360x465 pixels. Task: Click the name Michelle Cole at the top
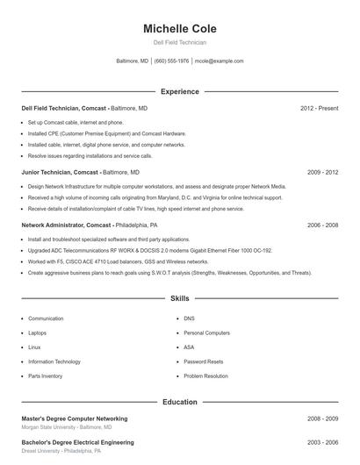click(179, 29)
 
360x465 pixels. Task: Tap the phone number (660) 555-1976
click(171, 61)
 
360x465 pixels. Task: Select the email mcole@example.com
click(219, 61)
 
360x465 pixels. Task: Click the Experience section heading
click(179, 91)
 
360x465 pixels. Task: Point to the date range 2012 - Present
click(319, 108)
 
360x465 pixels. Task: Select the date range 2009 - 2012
click(322, 173)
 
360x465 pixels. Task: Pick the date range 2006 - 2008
click(322, 225)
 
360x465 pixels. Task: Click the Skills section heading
click(179, 299)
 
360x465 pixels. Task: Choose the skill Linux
click(34, 347)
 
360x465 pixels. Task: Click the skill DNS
click(189, 318)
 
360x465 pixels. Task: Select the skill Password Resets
click(203, 361)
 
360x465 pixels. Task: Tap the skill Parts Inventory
click(46, 376)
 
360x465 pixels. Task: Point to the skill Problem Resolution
click(205, 376)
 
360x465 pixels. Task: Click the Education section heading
click(179, 402)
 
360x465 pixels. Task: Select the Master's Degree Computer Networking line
click(75, 418)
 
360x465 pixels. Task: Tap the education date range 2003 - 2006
click(322, 442)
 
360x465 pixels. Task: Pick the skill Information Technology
click(54, 361)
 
